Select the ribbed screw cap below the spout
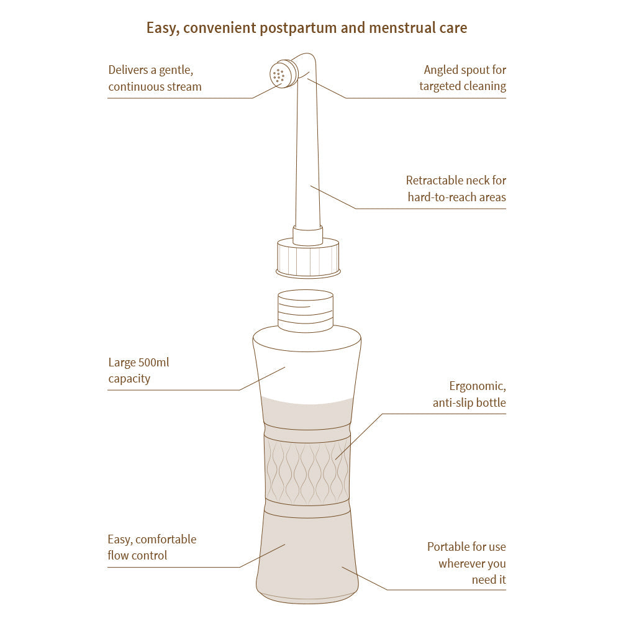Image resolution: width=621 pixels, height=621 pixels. pyautogui.click(x=308, y=257)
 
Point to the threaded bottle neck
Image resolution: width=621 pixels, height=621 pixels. pyautogui.click(x=305, y=310)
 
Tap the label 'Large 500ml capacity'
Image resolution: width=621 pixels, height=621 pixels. pyautogui.click(x=138, y=370)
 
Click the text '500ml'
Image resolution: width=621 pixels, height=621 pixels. pyautogui.click(x=152, y=362)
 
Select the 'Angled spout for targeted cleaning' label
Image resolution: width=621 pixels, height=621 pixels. pyautogui.click(x=463, y=78)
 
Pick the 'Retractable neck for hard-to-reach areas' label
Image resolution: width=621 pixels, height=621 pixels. pyautogui.click(x=456, y=189)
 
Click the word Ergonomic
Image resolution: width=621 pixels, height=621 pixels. pyautogui.click(x=477, y=386)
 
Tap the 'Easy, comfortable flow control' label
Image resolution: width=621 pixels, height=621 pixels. pyautogui.click(x=152, y=547)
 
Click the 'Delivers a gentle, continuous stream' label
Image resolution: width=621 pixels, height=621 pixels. pyautogui.click(x=155, y=78)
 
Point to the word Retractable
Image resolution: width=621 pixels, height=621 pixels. pyautogui.click(x=435, y=181)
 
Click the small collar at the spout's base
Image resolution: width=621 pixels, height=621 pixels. pyautogui.click(x=307, y=235)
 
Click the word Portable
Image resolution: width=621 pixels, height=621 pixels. pyautogui.click(x=447, y=547)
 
